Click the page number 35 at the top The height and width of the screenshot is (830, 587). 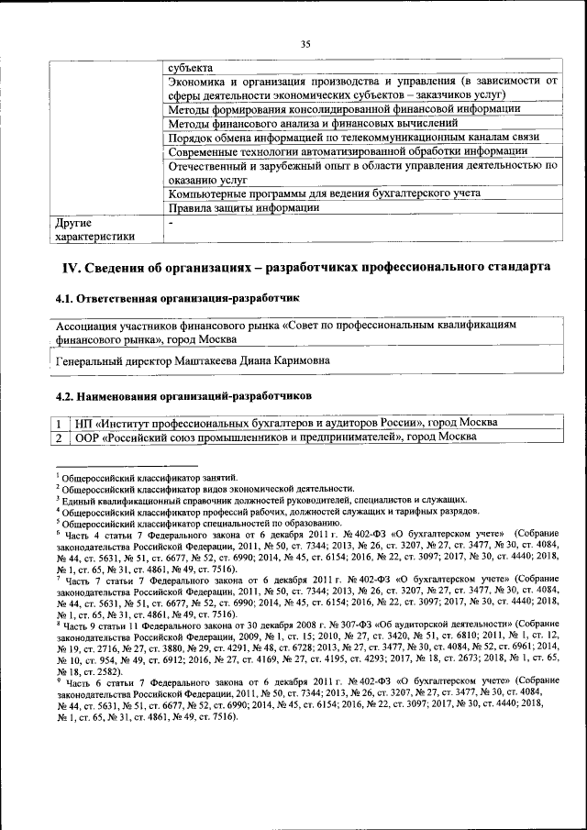(305, 43)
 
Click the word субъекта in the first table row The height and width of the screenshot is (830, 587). (190, 68)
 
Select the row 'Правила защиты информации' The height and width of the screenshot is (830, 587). (243, 207)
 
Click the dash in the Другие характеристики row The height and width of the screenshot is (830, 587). (171, 223)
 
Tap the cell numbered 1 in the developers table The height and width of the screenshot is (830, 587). (57, 422)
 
